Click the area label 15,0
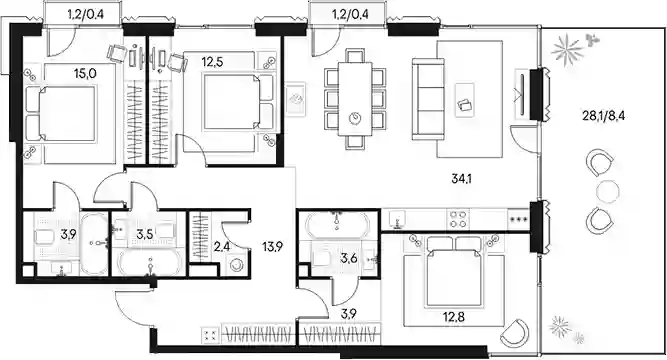pyautogui.click(x=85, y=74)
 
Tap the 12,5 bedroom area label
pyautogui.click(x=212, y=62)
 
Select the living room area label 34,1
pyautogui.click(x=462, y=179)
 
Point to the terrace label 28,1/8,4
pyautogui.click(x=604, y=115)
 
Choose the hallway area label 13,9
pyautogui.click(x=273, y=246)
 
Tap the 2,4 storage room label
pyautogui.click(x=222, y=246)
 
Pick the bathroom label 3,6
pyautogui.click(x=348, y=257)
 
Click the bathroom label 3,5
pyautogui.click(x=145, y=234)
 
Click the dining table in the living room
pyautogui.click(x=355, y=99)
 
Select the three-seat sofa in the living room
pyautogui.click(x=428, y=100)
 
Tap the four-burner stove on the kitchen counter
pyautogui.click(x=458, y=220)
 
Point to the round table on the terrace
pyautogui.click(x=607, y=191)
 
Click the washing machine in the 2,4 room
pyautogui.click(x=236, y=265)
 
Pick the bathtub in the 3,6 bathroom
pyautogui.click(x=337, y=224)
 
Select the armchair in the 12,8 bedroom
pyautogui.click(x=515, y=333)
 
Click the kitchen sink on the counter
pyautogui.click(x=396, y=220)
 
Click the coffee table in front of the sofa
pyautogui.click(x=465, y=100)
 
